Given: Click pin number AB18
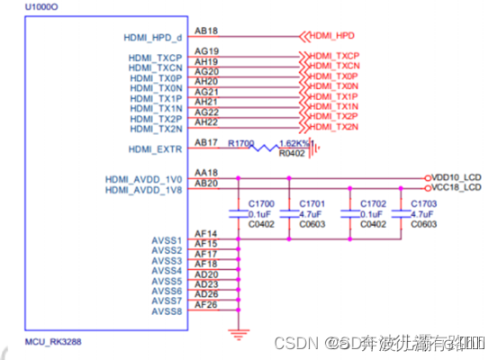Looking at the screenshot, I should [x=205, y=31].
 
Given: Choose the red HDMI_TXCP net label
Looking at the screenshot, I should [x=335, y=56].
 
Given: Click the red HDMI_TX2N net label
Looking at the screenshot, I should [x=335, y=127].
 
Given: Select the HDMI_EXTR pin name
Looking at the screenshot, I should [x=157, y=149].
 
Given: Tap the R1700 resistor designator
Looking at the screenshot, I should [x=242, y=143].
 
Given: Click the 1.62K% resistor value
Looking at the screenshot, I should [x=294, y=143].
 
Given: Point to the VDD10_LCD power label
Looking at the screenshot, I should [x=457, y=177].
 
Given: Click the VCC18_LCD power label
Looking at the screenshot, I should [x=457, y=188].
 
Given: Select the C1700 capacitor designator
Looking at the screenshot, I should [x=260, y=205].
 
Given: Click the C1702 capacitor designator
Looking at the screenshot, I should [x=372, y=205].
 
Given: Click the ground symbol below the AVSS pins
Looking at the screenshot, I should [x=238, y=332].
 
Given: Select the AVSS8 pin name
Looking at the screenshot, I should [x=167, y=310].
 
